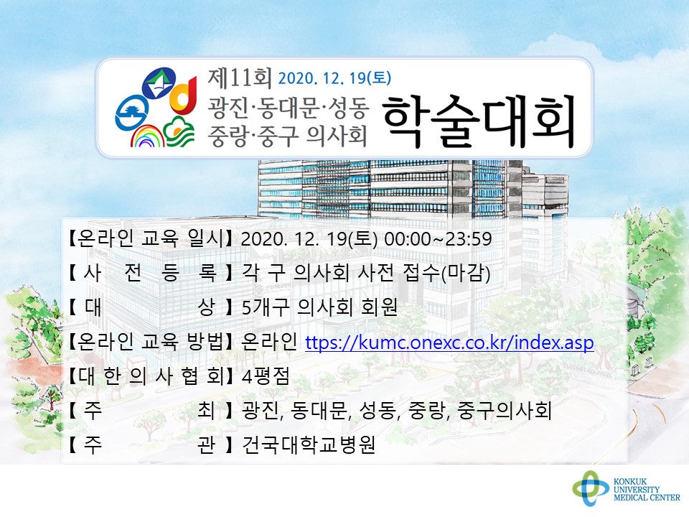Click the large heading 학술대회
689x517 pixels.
pos(479,121)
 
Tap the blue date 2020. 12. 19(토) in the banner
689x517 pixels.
pos(334,78)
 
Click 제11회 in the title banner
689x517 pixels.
pos(240,78)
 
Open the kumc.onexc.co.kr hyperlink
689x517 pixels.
pos(449,342)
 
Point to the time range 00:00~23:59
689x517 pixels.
pos(438,238)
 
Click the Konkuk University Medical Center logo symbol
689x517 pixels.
pos(591,488)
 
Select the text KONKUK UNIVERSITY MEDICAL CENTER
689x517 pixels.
pos(647,490)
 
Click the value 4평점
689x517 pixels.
pos(266,376)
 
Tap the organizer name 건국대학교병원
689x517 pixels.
pos(309,445)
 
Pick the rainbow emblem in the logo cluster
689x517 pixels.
pos(147,136)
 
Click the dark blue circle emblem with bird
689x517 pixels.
pos(159,84)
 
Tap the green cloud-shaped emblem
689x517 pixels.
pos(179,131)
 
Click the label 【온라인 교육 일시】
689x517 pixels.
pos(149,238)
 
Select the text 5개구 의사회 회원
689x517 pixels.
pos(319,308)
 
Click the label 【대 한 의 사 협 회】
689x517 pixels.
pos(149,376)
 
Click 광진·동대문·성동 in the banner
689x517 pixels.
pos(288,108)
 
